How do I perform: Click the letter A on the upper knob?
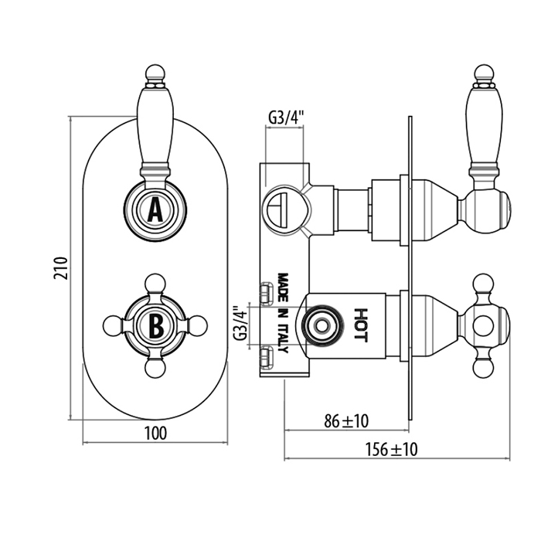pos(155,209)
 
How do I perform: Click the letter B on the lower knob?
pos(155,326)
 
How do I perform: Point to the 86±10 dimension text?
pos(345,420)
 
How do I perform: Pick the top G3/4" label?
pos(286,117)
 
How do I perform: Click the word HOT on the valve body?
pos(361,325)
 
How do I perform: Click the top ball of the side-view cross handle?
pos(483,282)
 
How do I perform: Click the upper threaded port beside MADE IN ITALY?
pos(267,291)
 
